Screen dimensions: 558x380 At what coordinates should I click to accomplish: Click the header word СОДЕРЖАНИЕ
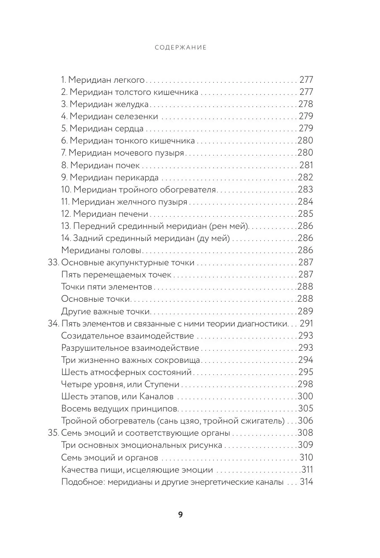click(x=180, y=47)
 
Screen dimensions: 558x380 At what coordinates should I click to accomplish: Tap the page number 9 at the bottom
click(x=180, y=515)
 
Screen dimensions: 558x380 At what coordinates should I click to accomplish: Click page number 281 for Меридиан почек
click(x=306, y=165)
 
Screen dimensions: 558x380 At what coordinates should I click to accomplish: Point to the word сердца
click(x=131, y=129)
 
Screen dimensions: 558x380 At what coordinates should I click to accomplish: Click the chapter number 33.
click(x=53, y=262)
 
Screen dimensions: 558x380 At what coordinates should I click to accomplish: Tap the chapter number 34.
click(x=53, y=323)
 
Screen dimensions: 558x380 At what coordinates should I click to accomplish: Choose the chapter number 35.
click(x=53, y=433)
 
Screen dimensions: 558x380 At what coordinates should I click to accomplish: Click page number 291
click(x=306, y=323)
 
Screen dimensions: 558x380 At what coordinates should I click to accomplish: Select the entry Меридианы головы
click(x=101, y=250)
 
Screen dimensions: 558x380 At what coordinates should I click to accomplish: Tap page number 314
click(x=306, y=482)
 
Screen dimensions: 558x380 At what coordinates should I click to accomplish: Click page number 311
click(x=307, y=469)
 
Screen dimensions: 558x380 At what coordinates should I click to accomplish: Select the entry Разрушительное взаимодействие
click(x=130, y=348)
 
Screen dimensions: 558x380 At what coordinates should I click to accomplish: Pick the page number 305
click(x=305, y=409)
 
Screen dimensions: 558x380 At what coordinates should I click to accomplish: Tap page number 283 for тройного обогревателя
click(x=305, y=189)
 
